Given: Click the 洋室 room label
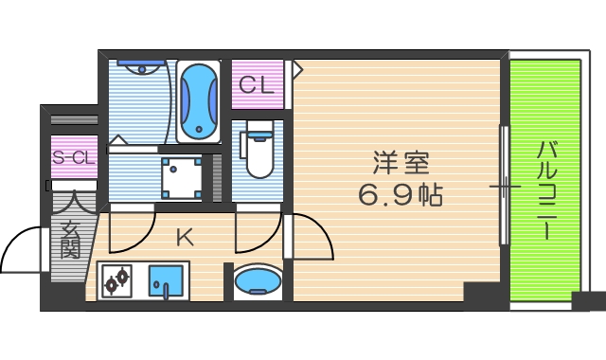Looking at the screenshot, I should tap(400, 164).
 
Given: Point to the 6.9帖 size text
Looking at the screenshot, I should tap(400, 195).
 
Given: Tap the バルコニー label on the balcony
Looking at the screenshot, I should tap(546, 189).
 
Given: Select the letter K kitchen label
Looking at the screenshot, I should tap(185, 237).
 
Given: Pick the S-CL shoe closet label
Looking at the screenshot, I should tap(73, 158).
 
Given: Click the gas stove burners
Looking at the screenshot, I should tap(117, 281).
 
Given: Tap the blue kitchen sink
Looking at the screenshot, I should tap(167, 282).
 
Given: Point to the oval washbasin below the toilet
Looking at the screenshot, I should tap(257, 281).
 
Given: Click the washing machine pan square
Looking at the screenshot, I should tap(182, 177).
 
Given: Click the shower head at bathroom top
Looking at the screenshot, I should tap(140, 66).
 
